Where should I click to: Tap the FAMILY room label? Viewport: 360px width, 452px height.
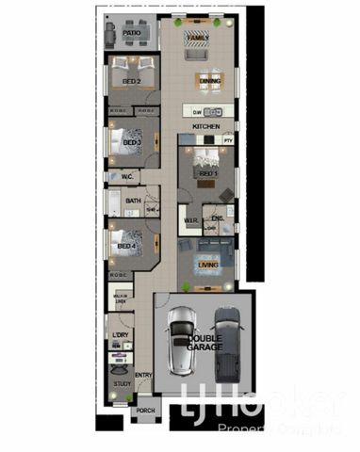(x=197, y=39)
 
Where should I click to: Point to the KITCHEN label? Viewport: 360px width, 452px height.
(x=206, y=125)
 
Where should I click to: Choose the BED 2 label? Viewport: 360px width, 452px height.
(x=132, y=82)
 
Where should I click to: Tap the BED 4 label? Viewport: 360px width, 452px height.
(x=126, y=247)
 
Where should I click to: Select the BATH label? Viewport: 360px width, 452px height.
(x=133, y=201)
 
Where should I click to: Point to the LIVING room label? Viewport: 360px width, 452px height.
(x=207, y=265)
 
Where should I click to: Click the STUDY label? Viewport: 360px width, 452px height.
(x=123, y=384)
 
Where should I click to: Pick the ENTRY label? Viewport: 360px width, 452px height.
(x=143, y=376)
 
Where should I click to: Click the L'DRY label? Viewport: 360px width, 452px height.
(x=121, y=335)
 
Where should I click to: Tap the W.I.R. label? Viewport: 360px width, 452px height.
(x=189, y=222)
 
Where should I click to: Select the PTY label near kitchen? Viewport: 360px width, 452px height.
(x=228, y=140)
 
